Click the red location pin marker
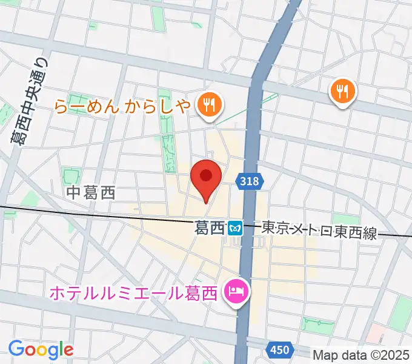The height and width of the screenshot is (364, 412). coord(205,177)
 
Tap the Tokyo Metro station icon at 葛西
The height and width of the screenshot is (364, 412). coord(235,228)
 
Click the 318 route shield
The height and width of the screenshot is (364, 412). coord(248,181)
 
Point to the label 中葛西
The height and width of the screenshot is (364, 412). coord(91,194)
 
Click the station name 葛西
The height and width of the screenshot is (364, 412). coord(210,228)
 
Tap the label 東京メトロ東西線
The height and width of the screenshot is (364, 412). coord(319,229)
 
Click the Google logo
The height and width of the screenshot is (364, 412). coord(41,349)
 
